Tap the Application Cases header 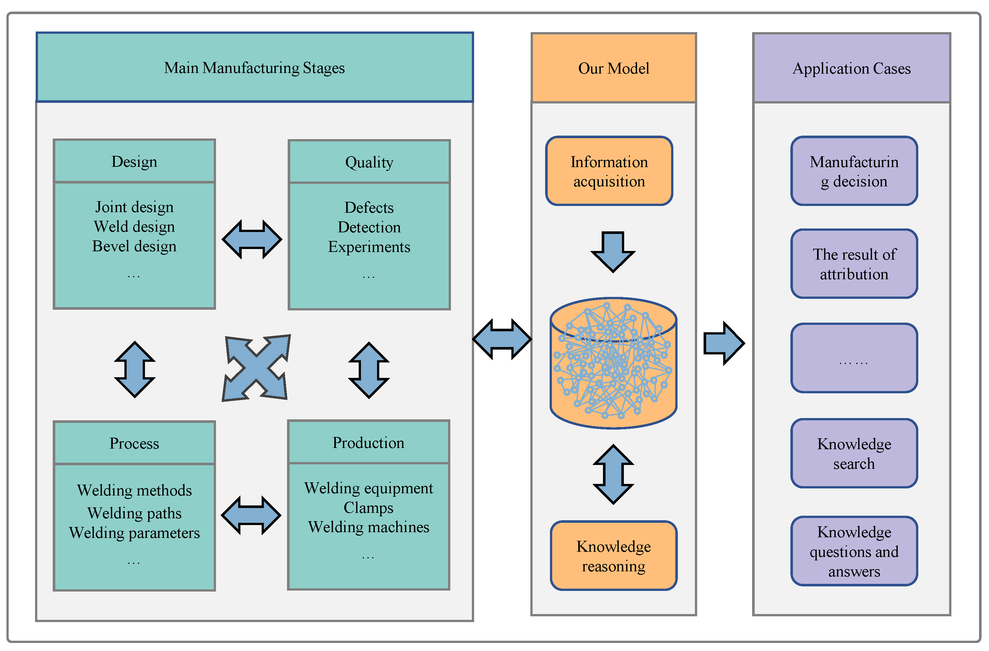coord(851,68)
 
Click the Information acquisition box coord(609,171)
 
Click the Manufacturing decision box coord(854,171)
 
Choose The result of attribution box coord(854,264)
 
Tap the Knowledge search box coord(854,453)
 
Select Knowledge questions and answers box coord(854,551)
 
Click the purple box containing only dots coord(854,358)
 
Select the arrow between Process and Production coord(251,516)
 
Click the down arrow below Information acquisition coord(613,251)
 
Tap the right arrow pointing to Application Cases coord(724,343)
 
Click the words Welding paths coord(134,513)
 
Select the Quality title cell coord(369,162)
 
